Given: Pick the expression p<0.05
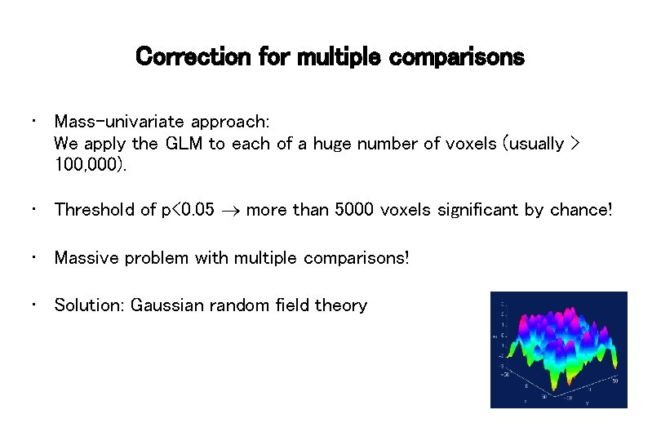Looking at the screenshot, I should tap(190, 210).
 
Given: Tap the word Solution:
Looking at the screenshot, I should tap(89, 305).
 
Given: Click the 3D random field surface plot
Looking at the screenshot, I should tap(558, 350).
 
